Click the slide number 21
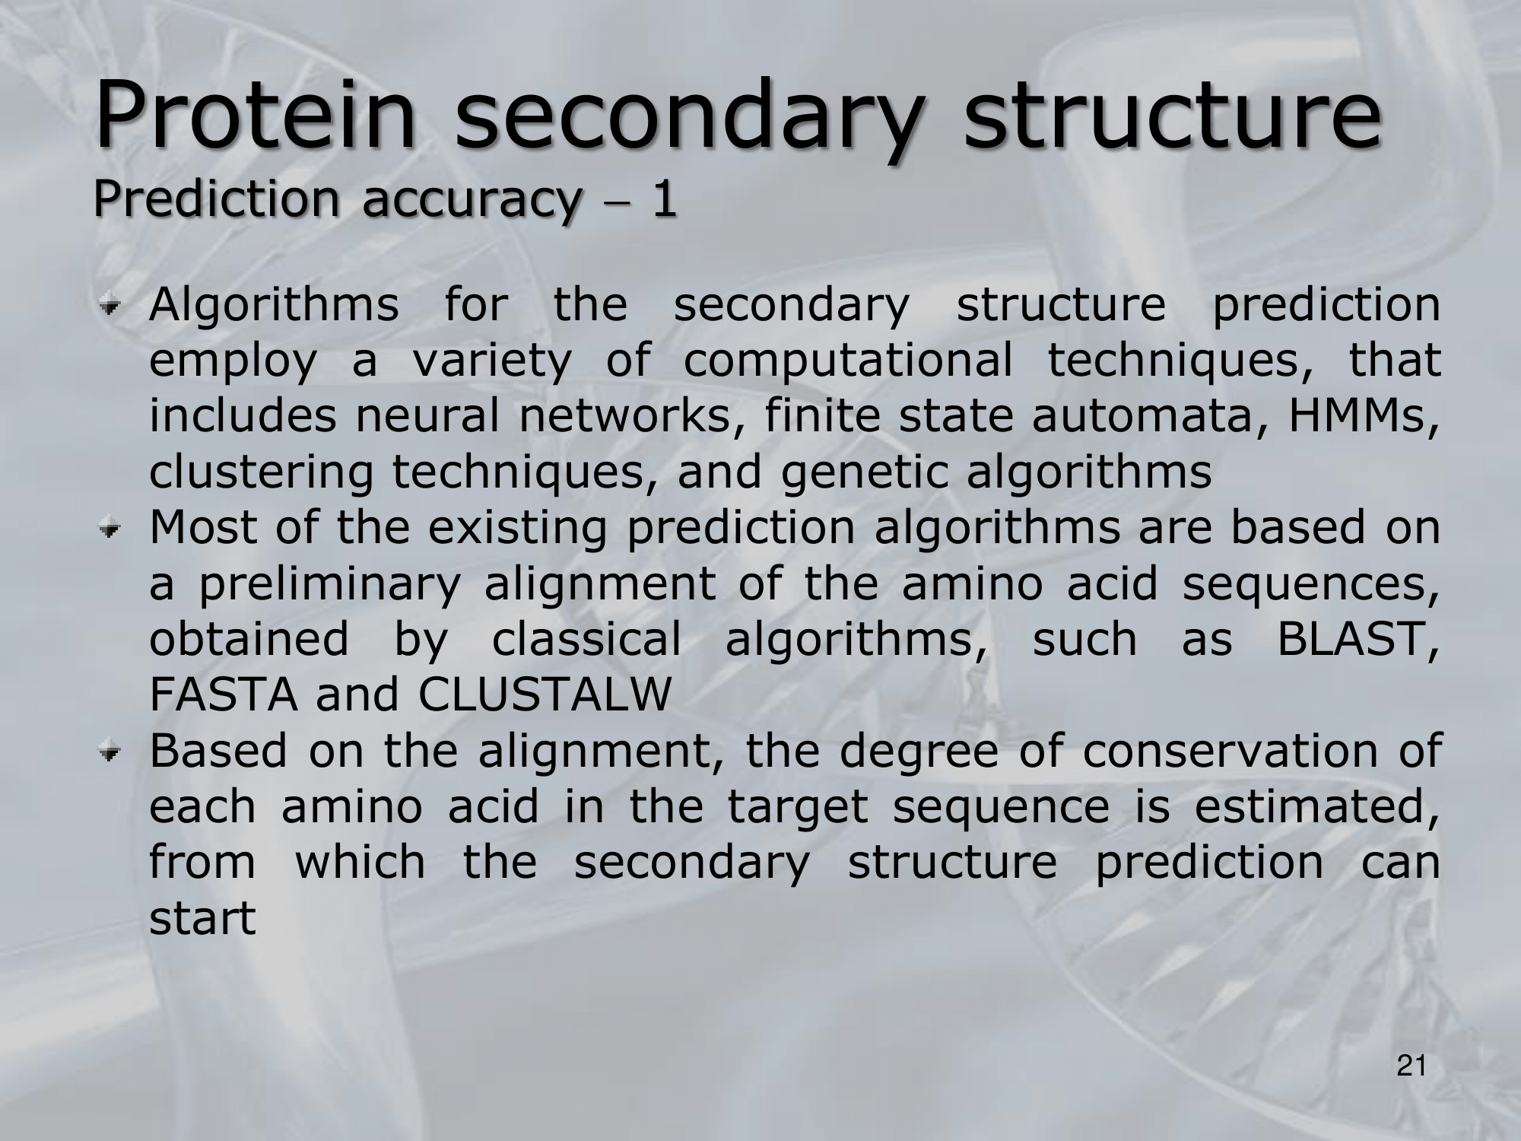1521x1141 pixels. click(x=1411, y=1067)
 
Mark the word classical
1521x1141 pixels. click(x=586, y=639)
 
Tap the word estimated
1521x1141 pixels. click(x=1316, y=807)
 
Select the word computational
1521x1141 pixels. click(x=848, y=361)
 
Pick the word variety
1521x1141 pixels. click(x=491, y=361)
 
